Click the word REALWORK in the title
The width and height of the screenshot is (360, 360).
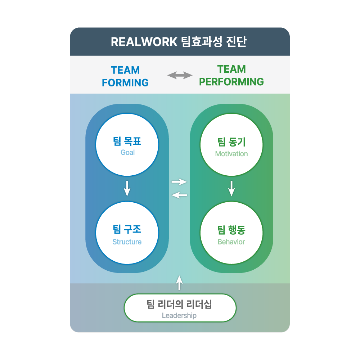pos(144,42)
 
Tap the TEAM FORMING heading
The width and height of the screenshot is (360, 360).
pos(125,76)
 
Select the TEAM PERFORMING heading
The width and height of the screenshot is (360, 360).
pos(231,76)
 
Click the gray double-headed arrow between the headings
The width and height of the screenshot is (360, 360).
pos(180,75)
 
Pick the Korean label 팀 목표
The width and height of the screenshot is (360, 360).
pos(127,141)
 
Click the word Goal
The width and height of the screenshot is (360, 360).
pos(127,152)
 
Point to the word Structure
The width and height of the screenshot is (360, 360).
pos(127,242)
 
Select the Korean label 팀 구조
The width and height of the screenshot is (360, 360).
pos(127,230)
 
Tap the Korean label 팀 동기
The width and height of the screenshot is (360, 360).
pos(231,142)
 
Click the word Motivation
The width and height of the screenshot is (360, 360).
pos(231,154)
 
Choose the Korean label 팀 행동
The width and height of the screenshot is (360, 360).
pos(231,230)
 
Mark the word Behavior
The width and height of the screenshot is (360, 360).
pos(231,242)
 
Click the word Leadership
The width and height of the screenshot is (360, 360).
pos(179,316)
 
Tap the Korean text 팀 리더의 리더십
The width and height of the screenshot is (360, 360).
pos(179,305)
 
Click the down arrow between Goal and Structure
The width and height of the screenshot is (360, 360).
pos(127,188)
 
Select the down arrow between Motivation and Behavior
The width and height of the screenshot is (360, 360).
pos(231,188)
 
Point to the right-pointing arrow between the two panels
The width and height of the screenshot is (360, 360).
pos(179,182)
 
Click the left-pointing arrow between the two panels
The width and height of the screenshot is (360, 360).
pos(179,195)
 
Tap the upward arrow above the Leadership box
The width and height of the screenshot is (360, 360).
pos(180,283)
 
